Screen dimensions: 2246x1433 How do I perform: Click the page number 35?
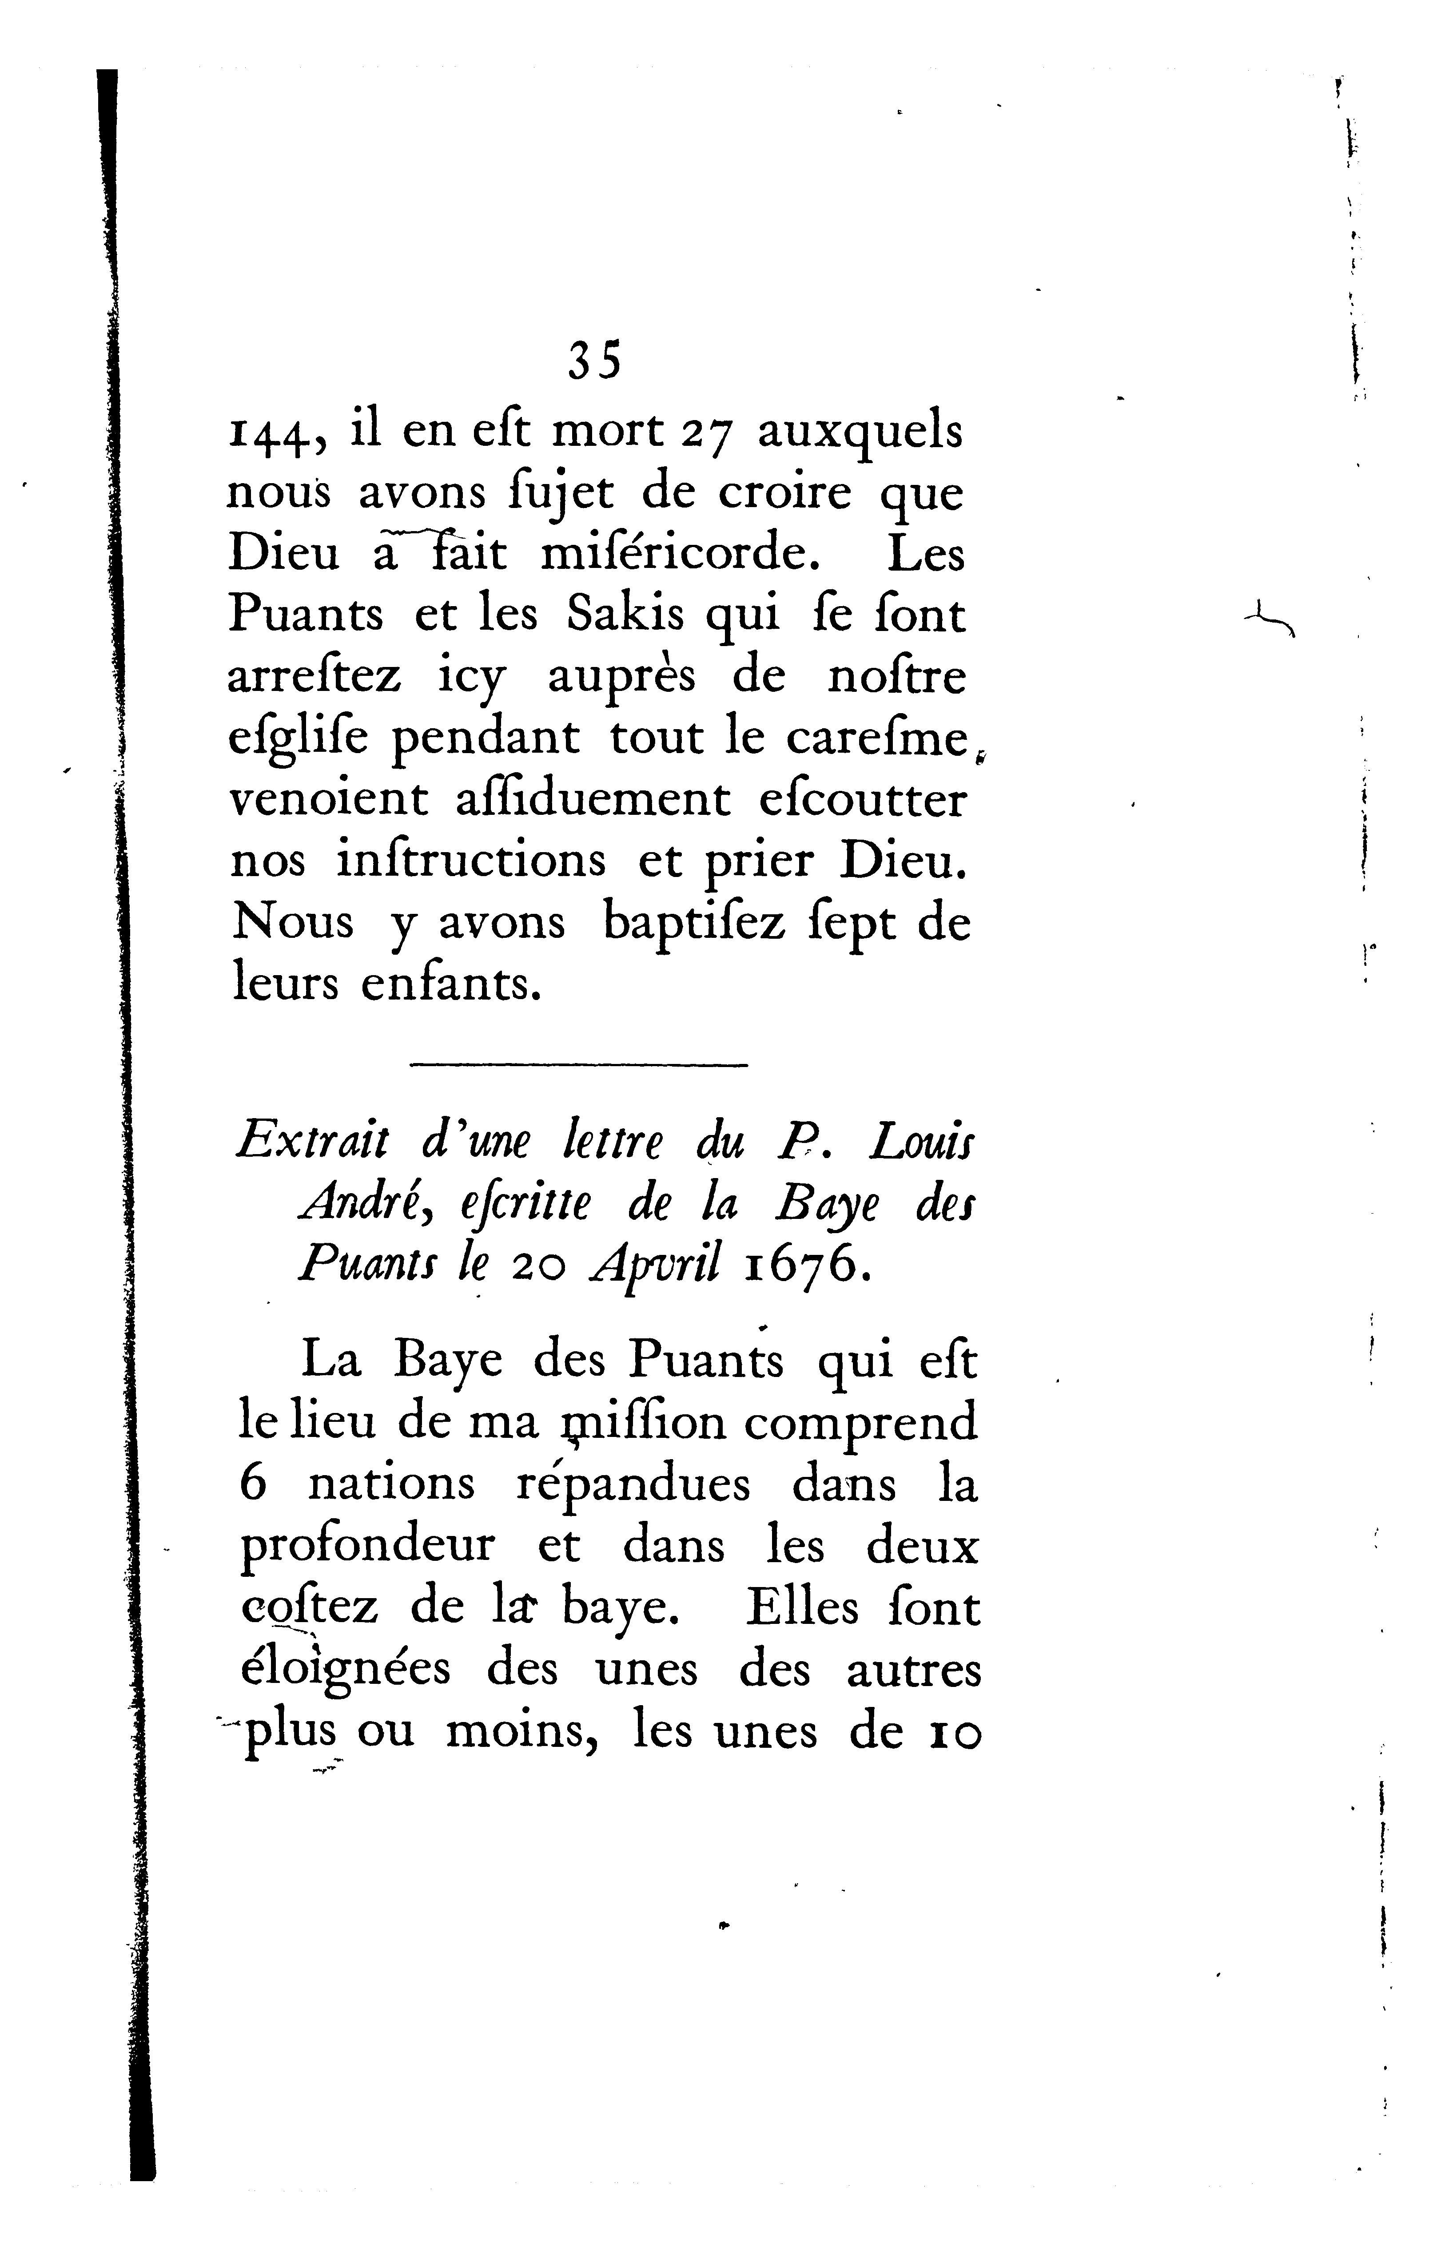[x=594, y=360]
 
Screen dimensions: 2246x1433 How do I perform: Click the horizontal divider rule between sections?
[x=578, y=1065]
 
